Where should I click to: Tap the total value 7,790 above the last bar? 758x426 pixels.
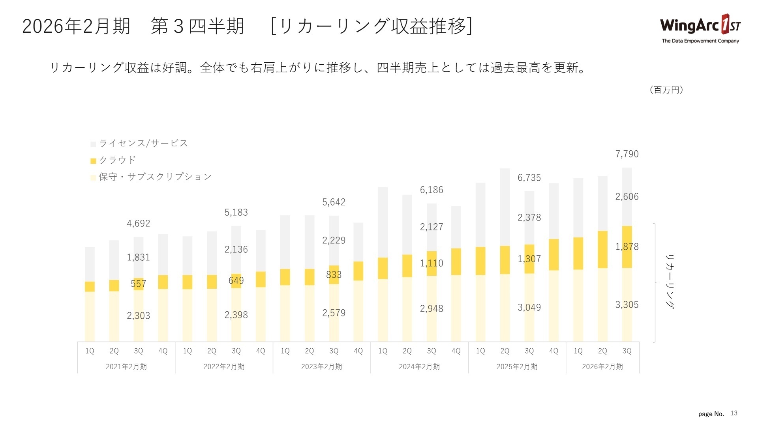(x=627, y=154)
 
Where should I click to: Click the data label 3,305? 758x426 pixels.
(x=627, y=305)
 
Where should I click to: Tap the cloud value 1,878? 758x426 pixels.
(x=627, y=247)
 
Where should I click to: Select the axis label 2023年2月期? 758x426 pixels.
(x=321, y=367)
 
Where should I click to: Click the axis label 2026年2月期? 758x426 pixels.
(x=602, y=367)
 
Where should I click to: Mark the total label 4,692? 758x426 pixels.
(x=138, y=224)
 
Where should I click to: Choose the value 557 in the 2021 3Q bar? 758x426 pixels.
(x=138, y=284)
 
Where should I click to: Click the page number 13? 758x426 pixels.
(x=734, y=413)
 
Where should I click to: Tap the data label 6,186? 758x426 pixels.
(x=431, y=190)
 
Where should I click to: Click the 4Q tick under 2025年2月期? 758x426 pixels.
(x=553, y=351)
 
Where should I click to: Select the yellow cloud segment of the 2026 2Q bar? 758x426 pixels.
(x=602, y=250)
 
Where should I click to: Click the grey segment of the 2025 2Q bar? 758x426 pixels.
(x=505, y=207)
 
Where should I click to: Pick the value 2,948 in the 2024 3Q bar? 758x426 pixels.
(x=431, y=308)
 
